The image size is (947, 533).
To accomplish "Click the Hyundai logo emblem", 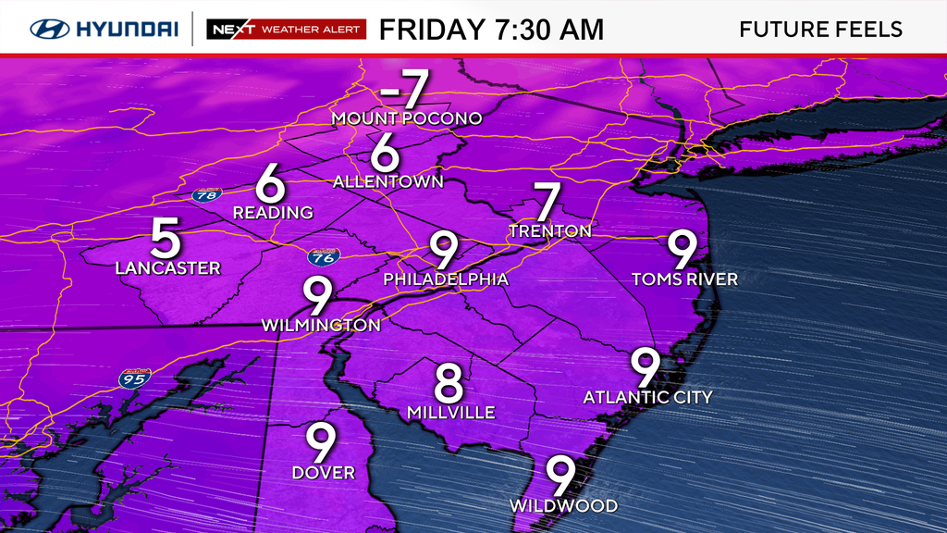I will [51, 29].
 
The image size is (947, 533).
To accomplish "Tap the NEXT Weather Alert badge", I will [287, 29].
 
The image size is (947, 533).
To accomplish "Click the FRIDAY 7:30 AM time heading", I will [491, 29].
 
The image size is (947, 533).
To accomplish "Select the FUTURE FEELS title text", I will [821, 29].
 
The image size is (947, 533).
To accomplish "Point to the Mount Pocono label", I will [407, 118].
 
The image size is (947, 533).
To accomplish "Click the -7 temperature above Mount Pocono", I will [405, 90].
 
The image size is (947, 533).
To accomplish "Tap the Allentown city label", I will [388, 181].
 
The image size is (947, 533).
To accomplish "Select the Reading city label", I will [272, 213].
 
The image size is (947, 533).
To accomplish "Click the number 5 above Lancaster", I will [166, 240].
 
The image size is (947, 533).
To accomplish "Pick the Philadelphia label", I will [446, 279].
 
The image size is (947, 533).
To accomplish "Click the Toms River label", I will [684, 279].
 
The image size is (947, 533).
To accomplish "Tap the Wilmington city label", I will [321, 325].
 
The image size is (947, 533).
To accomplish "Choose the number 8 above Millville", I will [449, 382].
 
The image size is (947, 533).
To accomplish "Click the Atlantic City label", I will [647, 397].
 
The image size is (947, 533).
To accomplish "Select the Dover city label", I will [323, 473].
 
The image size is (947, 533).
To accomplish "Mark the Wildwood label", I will [563, 506].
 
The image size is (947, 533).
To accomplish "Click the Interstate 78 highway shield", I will [207, 195].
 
